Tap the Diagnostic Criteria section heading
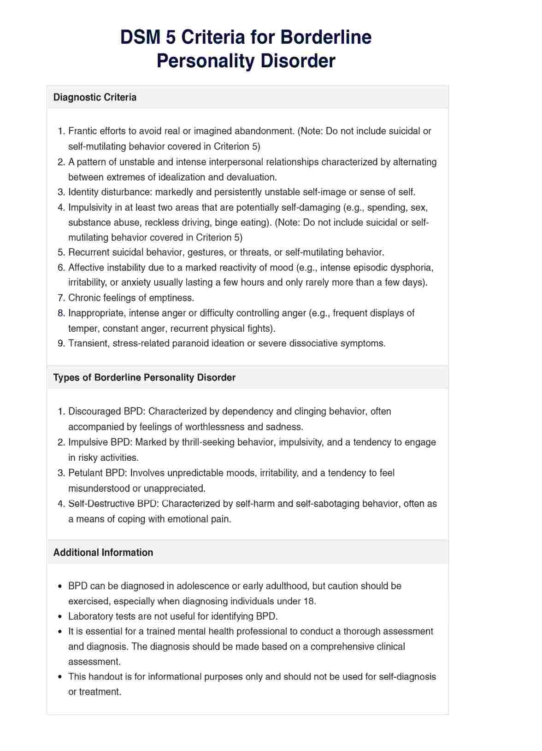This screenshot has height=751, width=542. [x=95, y=97]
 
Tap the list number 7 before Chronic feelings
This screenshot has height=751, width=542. [x=61, y=298]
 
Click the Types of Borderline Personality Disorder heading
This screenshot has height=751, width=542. [x=144, y=377]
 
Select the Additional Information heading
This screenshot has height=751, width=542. [x=103, y=552]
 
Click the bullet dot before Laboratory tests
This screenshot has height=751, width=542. [x=60, y=617]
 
